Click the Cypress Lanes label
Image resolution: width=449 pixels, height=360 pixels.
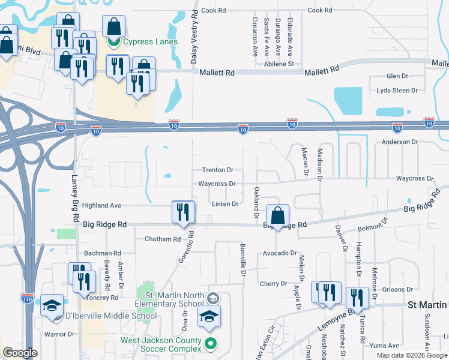[150, 41]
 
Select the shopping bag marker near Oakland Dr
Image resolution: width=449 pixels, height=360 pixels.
[278, 217]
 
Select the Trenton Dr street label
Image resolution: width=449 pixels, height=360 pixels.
[217, 170]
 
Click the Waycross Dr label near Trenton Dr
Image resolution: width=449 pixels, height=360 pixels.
[217, 184]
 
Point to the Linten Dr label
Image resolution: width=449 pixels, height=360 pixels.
[226, 204]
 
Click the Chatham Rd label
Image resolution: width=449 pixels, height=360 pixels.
[163, 239]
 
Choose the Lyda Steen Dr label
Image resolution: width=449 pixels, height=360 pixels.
[397, 91]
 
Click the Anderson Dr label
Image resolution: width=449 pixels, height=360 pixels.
[400, 142]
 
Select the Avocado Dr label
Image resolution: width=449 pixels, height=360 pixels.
[280, 253]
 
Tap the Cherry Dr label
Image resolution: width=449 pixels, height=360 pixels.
[274, 283]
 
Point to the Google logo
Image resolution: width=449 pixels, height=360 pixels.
[20, 353]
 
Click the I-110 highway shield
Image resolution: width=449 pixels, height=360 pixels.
[27, 298]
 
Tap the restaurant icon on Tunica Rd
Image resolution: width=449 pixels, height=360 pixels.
[357, 298]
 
